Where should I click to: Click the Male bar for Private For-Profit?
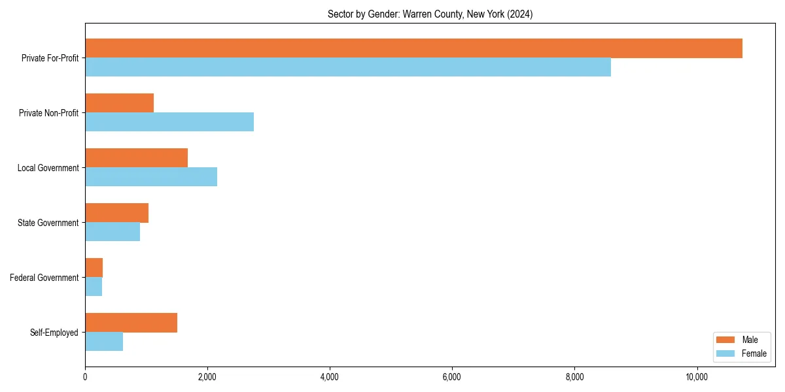click(413, 48)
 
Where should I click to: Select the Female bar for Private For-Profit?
click(348, 67)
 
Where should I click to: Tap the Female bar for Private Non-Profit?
click(169, 122)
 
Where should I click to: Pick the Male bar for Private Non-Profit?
click(119, 103)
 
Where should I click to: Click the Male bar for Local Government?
click(136, 158)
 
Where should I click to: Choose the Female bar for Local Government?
click(151, 177)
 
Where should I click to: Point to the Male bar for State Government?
click(116, 213)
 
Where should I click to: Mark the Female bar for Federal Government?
click(94, 287)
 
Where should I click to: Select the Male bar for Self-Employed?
click(131, 323)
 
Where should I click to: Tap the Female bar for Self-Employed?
click(104, 342)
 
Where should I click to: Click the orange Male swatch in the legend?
click(726, 340)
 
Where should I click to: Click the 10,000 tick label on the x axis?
click(697, 377)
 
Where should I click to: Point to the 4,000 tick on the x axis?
click(330, 377)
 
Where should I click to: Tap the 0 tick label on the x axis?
click(85, 377)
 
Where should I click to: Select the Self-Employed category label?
click(54, 333)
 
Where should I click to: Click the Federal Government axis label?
click(44, 278)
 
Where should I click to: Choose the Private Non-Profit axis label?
click(48, 113)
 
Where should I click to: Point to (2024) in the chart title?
click(519, 14)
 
